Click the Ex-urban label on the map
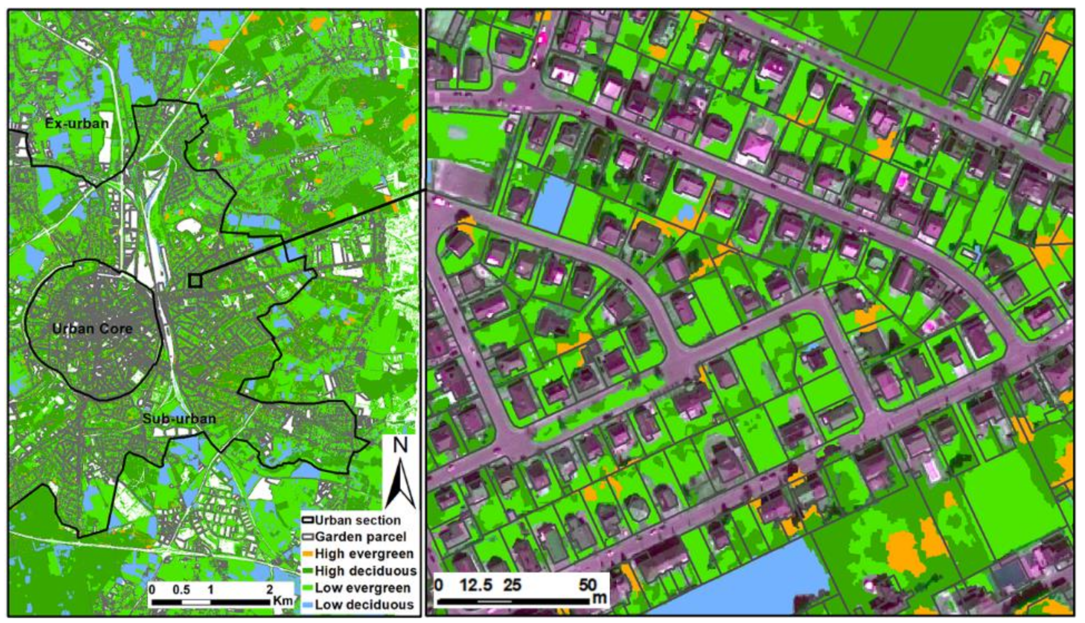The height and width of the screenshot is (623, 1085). [x=76, y=123]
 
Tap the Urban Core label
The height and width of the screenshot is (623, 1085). [x=92, y=329]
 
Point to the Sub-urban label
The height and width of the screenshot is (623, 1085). [x=179, y=418]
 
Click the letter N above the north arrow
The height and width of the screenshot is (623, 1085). [x=400, y=445]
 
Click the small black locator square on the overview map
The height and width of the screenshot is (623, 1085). [x=194, y=281]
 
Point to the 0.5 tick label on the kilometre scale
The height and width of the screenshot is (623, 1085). [x=181, y=589]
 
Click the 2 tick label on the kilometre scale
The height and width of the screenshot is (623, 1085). [x=270, y=589]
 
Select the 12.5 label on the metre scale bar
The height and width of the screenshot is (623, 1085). [x=476, y=585]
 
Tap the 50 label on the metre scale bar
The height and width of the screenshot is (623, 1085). [x=588, y=585]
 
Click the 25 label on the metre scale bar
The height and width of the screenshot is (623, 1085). [x=513, y=585]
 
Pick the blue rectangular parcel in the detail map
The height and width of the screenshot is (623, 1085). [x=552, y=204]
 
